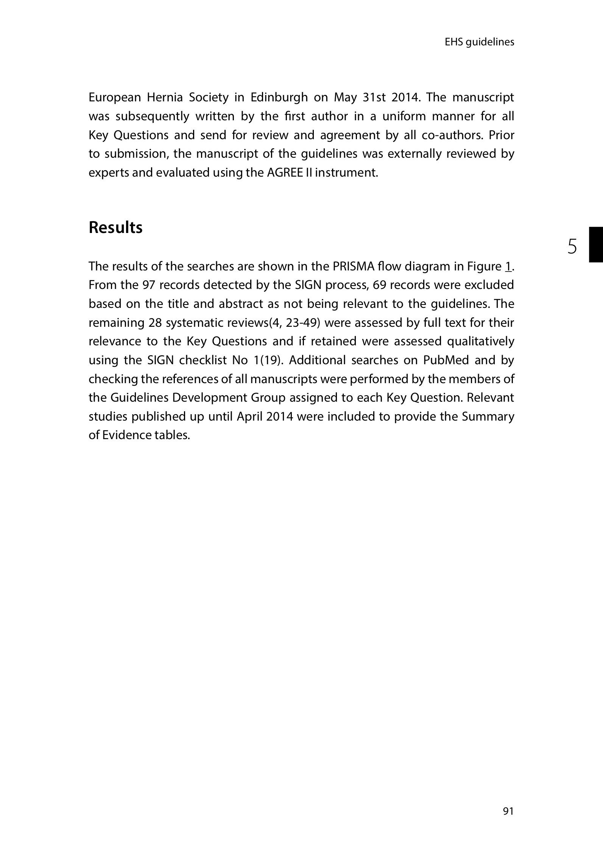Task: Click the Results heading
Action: pyautogui.click(x=115, y=228)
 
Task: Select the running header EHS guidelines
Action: pyautogui.click(x=479, y=42)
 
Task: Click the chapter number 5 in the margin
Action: pyautogui.click(x=572, y=247)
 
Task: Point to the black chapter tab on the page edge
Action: pyautogui.click(x=595, y=244)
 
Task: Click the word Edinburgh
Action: pyautogui.click(x=279, y=98)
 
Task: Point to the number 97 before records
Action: pyautogui.click(x=149, y=285)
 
